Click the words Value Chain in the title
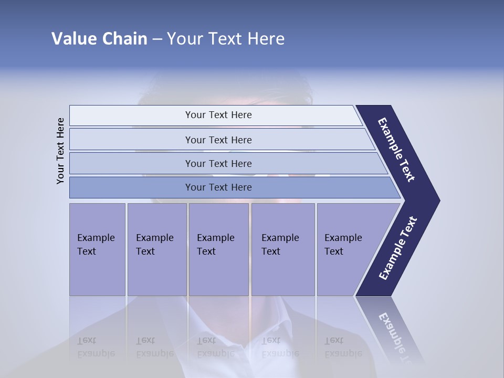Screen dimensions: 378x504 pos(99,39)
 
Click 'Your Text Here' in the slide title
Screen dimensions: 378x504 pos(226,39)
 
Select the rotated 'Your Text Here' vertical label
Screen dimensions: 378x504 pos(60,151)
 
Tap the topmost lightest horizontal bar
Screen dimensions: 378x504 pos(131,115)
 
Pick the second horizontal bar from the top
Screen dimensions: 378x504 pos(131,140)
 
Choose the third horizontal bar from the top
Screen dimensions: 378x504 pos(131,163)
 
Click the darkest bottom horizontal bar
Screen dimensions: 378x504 pos(131,187)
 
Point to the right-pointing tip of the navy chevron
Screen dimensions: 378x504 pos(437,201)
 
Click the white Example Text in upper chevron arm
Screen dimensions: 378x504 pos(396,150)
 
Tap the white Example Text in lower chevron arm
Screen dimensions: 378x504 pos(398,248)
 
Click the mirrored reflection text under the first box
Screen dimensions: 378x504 pos(96,347)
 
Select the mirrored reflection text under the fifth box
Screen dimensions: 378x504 pos(343,347)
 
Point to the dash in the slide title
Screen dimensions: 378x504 pos(157,39)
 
